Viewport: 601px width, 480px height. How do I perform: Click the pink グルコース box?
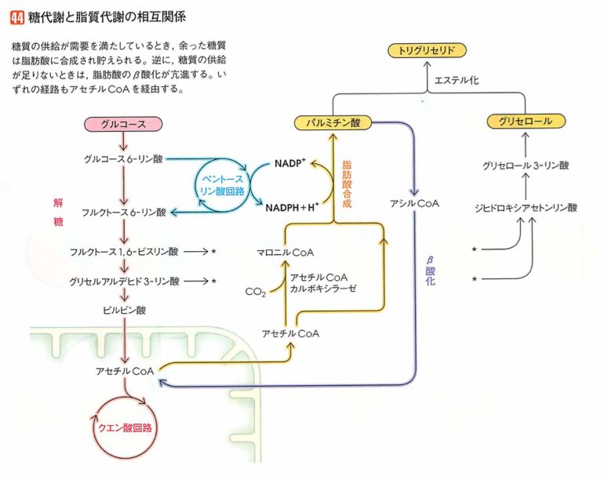122,124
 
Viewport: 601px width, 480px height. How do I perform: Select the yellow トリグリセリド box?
427,51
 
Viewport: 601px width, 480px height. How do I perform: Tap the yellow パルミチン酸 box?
333,123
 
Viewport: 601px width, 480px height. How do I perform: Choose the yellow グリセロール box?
525,122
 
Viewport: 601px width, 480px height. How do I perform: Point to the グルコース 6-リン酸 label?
123,159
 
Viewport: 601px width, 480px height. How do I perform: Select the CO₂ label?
254,293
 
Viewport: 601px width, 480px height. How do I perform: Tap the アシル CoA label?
413,203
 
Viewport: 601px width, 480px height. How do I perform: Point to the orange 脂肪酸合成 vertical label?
346,184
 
